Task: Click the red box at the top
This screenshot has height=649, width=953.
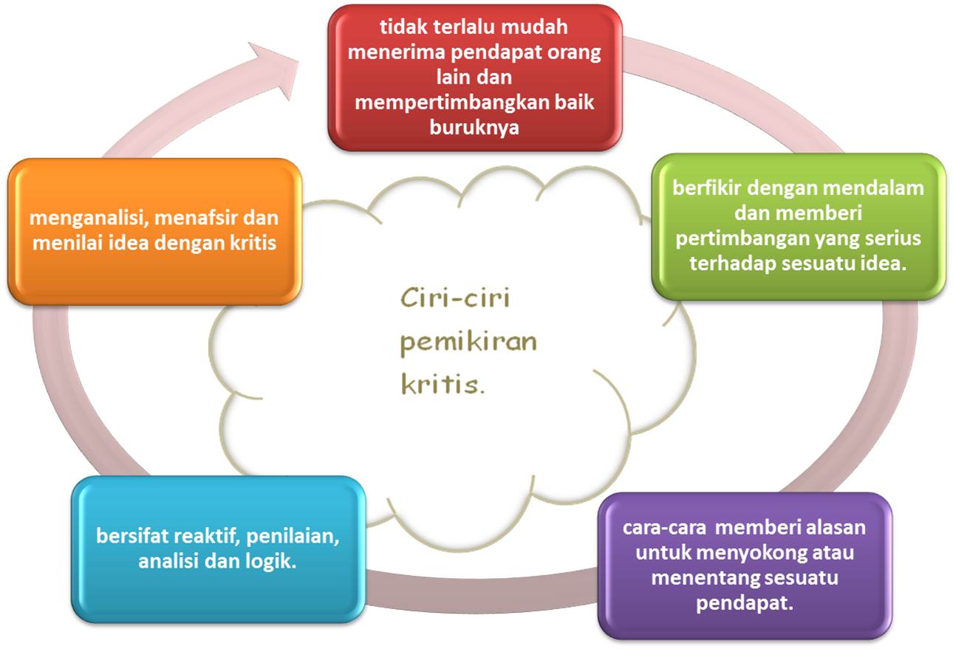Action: (x=474, y=78)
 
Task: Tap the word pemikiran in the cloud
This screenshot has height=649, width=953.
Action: (x=467, y=343)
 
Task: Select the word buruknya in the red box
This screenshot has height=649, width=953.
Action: (x=474, y=127)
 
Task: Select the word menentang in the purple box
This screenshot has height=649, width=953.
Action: (x=699, y=577)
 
